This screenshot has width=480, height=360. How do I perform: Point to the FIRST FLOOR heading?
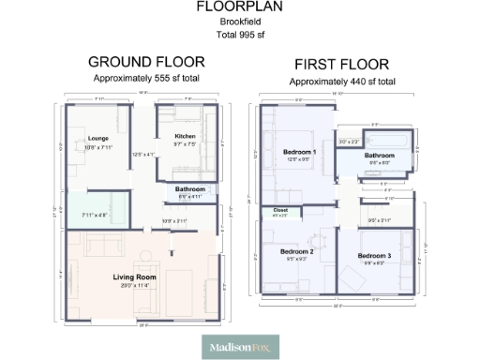pyautogui.click(x=341, y=65)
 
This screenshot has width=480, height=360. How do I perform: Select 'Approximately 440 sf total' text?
pyautogui.click(x=341, y=82)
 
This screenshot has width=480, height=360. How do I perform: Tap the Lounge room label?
pyautogui.click(x=98, y=139)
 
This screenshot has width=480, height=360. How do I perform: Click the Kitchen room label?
pyautogui.click(x=184, y=137)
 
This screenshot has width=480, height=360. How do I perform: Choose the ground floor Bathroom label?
pyautogui.click(x=190, y=188)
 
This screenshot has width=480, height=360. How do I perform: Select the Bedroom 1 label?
pyautogui.click(x=299, y=152)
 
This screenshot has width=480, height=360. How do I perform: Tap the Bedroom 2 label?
pyautogui.click(x=297, y=251)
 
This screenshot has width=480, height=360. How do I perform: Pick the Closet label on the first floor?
pyautogui.click(x=280, y=210)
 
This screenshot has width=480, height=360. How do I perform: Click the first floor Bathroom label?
pyautogui.click(x=379, y=155)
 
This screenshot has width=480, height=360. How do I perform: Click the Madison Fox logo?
pyautogui.click(x=240, y=347)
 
